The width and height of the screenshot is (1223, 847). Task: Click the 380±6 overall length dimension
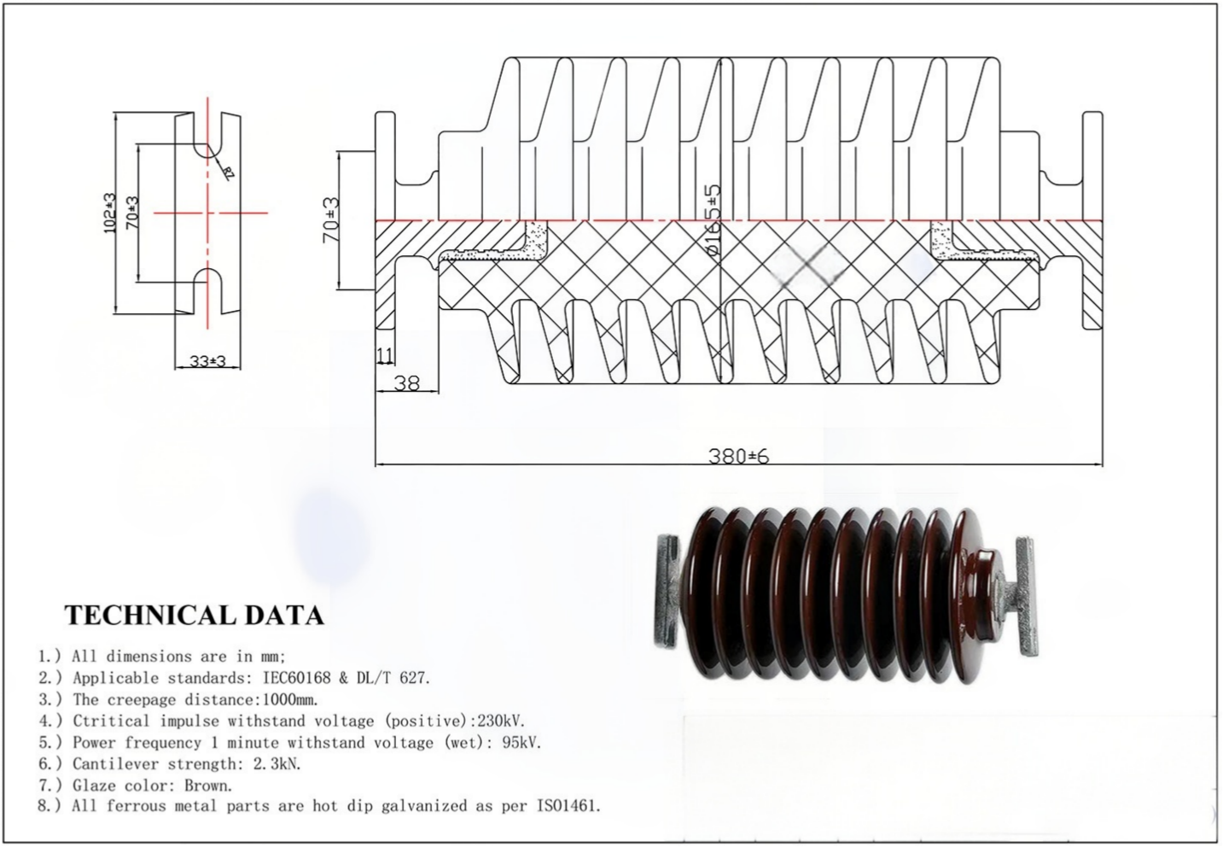pos(738,456)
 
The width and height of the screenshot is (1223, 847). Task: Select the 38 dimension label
pos(407,383)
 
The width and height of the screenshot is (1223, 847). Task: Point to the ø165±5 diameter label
pos(713,220)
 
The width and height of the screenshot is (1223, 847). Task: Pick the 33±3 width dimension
pos(207,361)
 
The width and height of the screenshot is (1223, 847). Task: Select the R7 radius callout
pos(228,172)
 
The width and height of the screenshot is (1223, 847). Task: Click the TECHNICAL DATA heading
pos(195,615)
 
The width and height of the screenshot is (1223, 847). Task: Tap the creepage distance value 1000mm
pos(288,699)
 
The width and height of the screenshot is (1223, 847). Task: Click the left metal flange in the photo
pos(667,593)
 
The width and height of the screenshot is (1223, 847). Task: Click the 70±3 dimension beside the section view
pos(330,220)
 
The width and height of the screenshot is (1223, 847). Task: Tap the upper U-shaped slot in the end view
pos(207,137)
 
